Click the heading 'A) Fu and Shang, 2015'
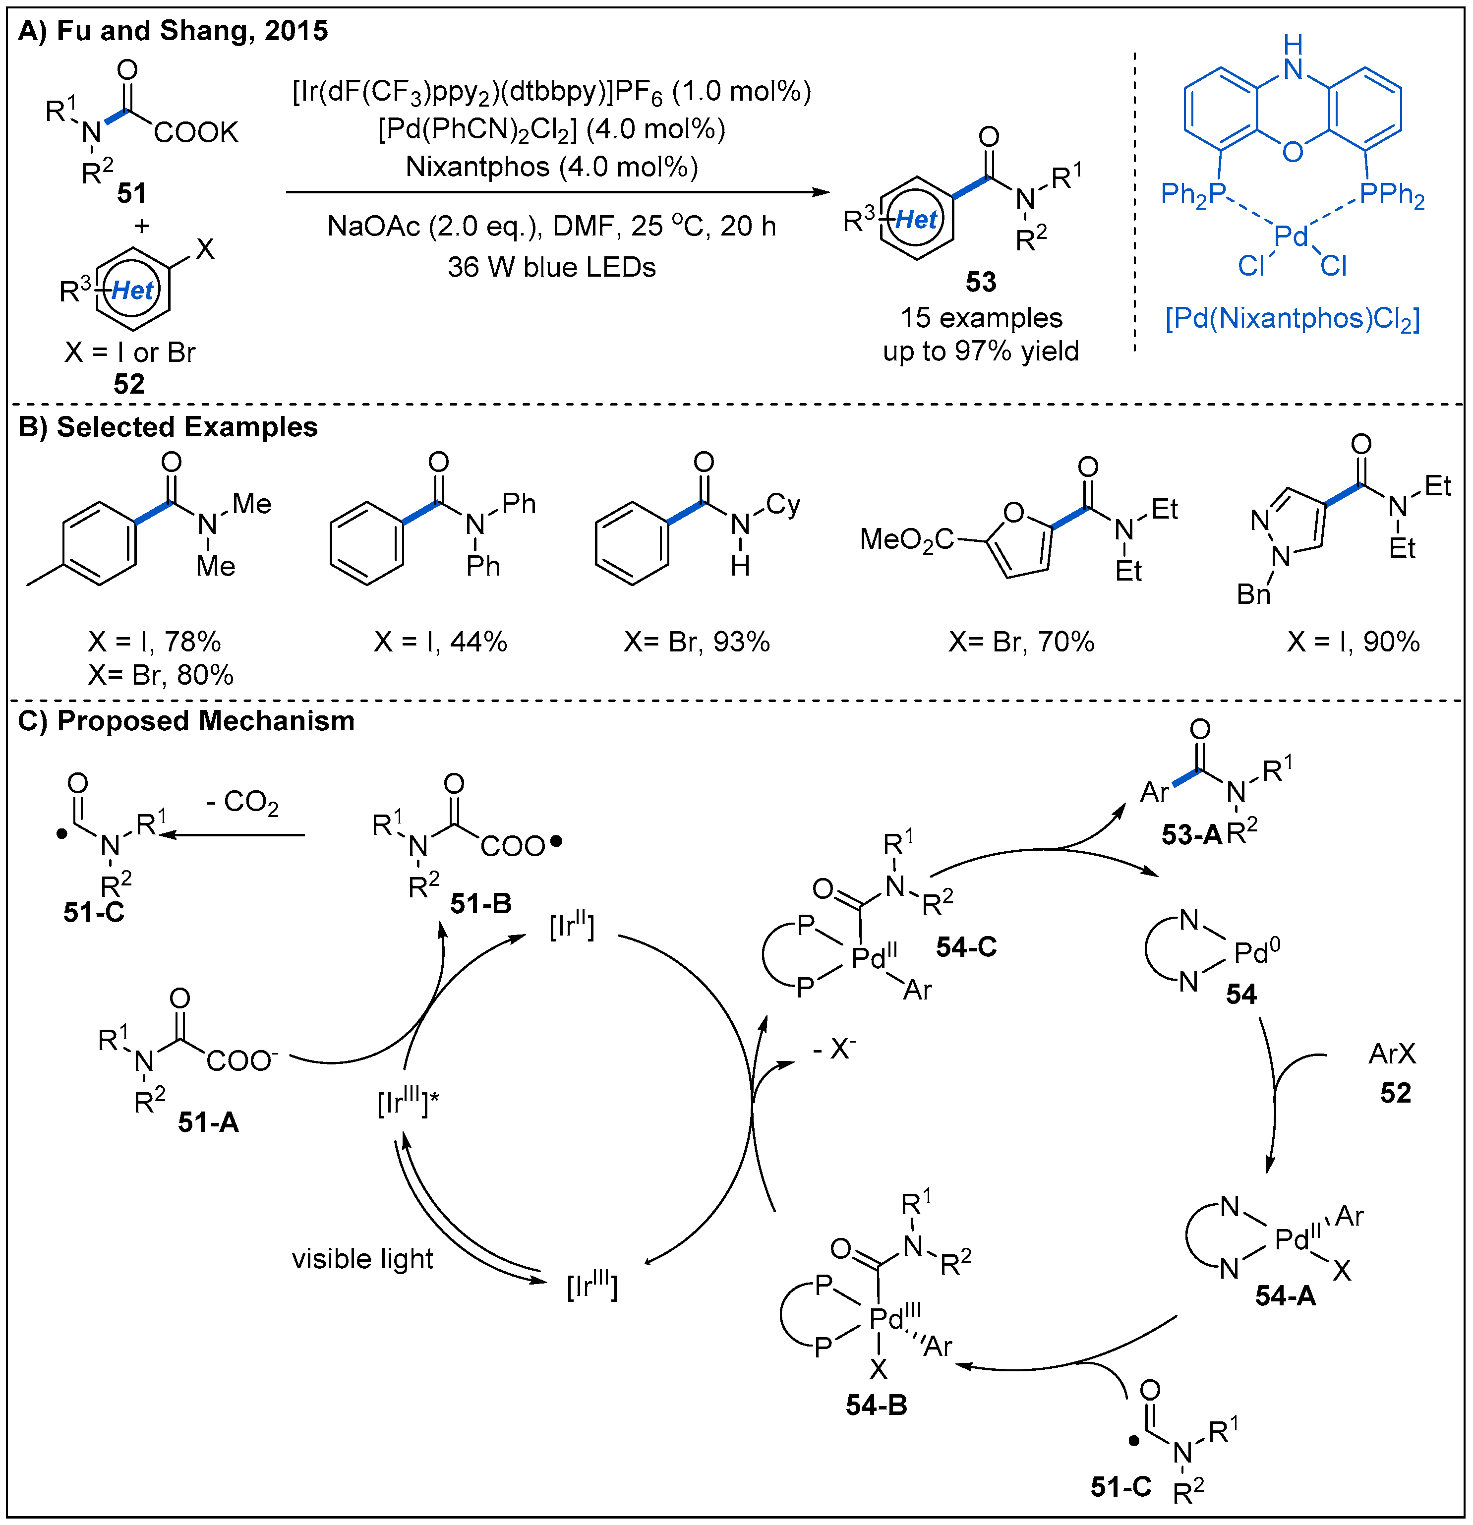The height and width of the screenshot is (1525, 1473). (x=173, y=31)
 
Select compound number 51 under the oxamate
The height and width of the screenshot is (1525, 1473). (x=131, y=193)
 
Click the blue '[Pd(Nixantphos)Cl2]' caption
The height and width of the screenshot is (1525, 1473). (x=1292, y=319)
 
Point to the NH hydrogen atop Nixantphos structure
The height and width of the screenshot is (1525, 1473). (x=1293, y=44)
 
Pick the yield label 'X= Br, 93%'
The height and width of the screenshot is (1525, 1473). (x=697, y=642)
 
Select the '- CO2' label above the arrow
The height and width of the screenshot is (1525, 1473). (x=243, y=802)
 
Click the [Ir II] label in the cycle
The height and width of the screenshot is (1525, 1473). (x=572, y=927)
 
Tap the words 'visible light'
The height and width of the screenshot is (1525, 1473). (x=362, y=1259)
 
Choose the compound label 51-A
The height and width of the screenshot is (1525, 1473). (x=208, y=1122)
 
